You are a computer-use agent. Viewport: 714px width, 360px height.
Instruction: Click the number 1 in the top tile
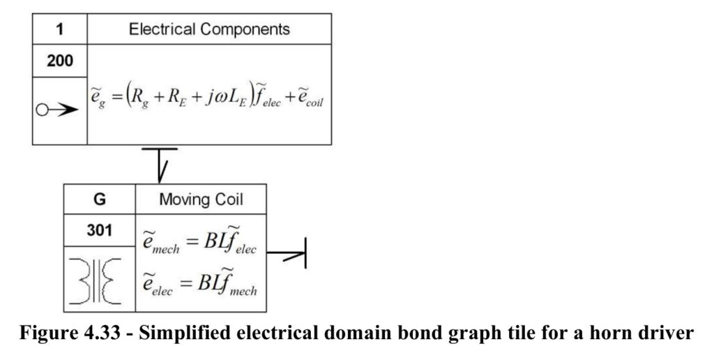(60, 29)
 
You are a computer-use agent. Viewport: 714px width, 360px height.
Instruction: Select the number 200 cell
(60, 61)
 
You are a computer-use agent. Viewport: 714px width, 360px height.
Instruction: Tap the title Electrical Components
(209, 29)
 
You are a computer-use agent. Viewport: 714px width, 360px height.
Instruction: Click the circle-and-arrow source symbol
(57, 110)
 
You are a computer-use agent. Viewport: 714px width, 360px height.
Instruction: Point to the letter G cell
(99, 199)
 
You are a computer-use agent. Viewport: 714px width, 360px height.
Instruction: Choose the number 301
(99, 230)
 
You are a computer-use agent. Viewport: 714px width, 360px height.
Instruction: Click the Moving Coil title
(201, 200)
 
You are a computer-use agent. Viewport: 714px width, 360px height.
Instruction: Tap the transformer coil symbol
(96, 280)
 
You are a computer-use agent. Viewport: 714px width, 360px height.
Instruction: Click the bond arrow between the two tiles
(160, 165)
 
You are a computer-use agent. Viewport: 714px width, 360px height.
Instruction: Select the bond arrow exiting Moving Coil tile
(286, 253)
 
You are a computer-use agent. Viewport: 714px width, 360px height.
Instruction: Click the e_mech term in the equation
(161, 241)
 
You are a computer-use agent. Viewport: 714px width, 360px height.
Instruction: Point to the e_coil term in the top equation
(310, 98)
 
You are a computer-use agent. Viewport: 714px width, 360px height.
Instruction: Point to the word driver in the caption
(667, 333)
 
